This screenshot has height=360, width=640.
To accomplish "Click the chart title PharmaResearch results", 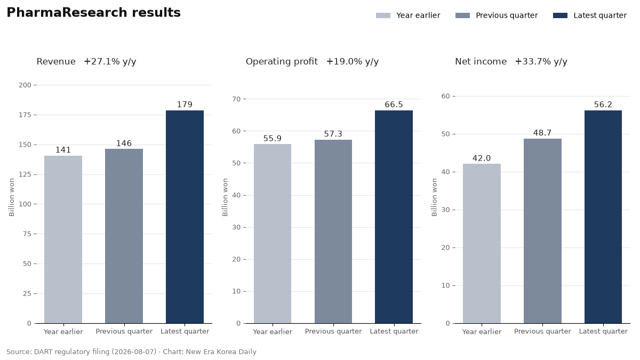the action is point(93,13).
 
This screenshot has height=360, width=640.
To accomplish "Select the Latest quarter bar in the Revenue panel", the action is point(185,217).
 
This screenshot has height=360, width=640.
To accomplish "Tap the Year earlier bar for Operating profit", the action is point(273,234).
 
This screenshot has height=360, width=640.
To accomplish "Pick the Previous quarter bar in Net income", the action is point(542,231).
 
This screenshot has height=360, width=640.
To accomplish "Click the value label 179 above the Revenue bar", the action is point(185,105).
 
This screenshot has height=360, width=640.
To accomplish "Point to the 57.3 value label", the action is point(333,134).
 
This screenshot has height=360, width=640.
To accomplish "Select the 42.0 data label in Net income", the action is point(482,158).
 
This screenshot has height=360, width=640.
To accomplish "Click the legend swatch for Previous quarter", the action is point(462,15).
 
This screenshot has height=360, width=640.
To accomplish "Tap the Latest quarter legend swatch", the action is point(561,15).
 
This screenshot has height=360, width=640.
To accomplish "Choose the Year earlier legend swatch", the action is point(383,15).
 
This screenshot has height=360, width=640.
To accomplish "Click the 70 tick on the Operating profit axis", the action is point(237,99).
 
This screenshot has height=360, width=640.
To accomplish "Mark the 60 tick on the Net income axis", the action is point(446,97).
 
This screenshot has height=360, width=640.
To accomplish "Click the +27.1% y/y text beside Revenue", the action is point(110,62).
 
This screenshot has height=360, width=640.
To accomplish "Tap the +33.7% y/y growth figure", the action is point(541,62).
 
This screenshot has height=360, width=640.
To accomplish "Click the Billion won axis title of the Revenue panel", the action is point(11,197).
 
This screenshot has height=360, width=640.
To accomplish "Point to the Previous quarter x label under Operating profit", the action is point(333,331).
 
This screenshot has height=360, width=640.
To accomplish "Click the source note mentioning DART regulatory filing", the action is point(131,351).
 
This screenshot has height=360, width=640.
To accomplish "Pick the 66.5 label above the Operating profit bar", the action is point(394,105).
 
